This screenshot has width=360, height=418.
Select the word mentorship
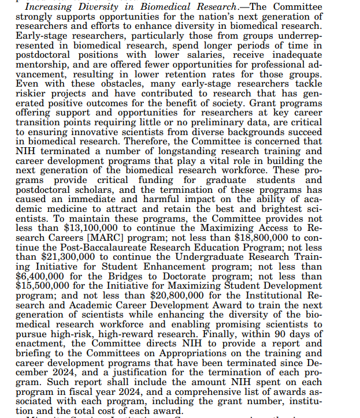click(42, 64)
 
